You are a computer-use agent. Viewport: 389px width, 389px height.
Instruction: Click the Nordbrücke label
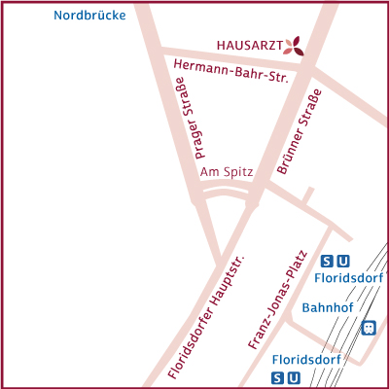click(x=90, y=16)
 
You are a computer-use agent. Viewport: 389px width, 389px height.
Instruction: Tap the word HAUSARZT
click(x=249, y=46)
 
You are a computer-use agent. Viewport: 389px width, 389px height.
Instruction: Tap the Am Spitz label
click(x=226, y=171)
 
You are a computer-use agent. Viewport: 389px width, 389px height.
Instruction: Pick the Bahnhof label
click(x=327, y=307)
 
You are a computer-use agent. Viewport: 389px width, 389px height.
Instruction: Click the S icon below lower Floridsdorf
click(x=278, y=377)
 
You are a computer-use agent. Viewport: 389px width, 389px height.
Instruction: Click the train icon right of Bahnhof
click(x=368, y=328)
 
